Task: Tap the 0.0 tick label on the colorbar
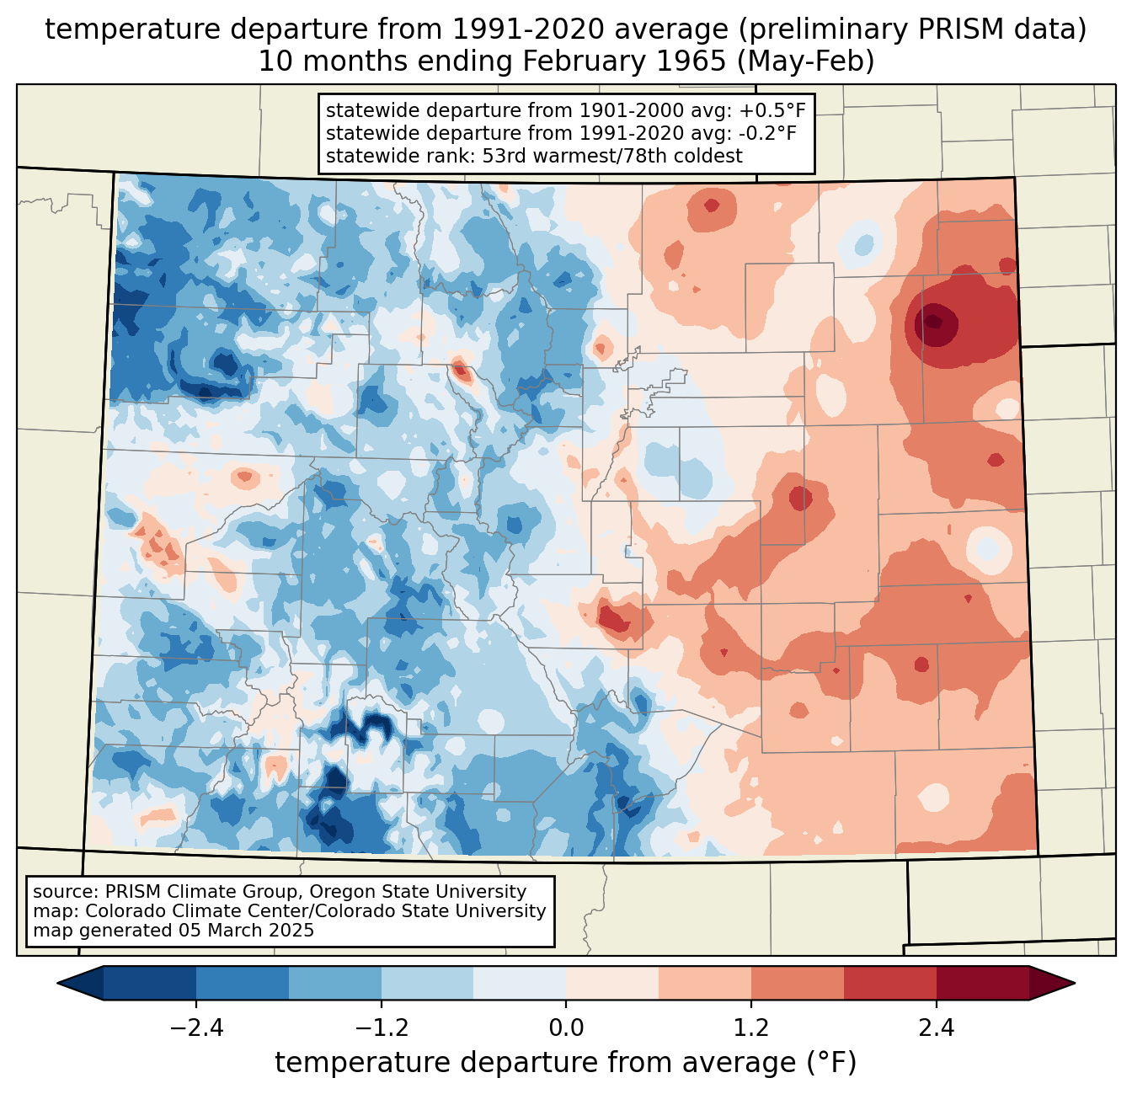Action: pyautogui.click(x=566, y=1028)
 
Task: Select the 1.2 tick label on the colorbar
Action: pyautogui.click(x=751, y=1028)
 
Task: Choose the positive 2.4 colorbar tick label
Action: pyautogui.click(x=936, y=1028)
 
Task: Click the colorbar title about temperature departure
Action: pyautogui.click(x=566, y=1063)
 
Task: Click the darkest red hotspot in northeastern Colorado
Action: pyautogui.click(x=933, y=321)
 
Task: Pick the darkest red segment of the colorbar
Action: pyautogui.click(x=982, y=983)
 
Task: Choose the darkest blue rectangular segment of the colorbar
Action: pyautogui.click(x=150, y=983)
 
